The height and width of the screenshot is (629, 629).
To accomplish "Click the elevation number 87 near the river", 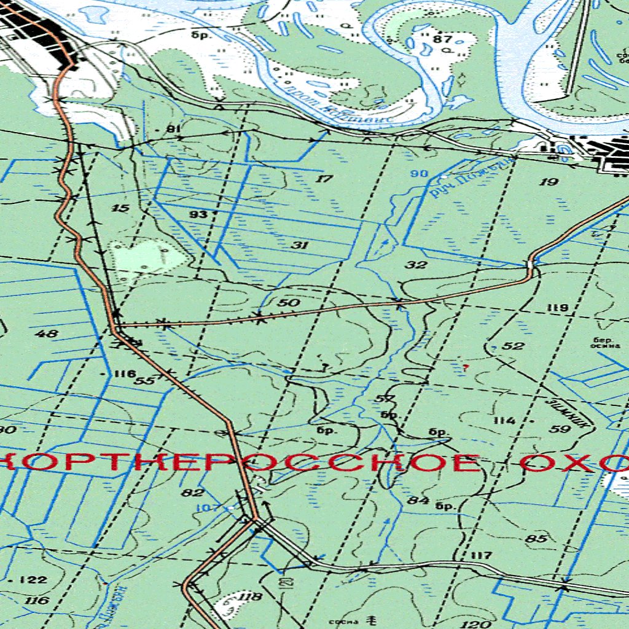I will [442, 39].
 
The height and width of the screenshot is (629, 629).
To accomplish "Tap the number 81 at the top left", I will [174, 129].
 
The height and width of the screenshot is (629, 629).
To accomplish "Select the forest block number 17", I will [324, 179].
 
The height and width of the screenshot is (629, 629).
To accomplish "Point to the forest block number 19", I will [549, 181].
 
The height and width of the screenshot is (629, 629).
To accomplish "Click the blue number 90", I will [419, 174].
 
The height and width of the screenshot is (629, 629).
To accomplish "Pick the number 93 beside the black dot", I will [198, 214].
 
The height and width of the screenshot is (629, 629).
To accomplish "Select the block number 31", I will [300, 245].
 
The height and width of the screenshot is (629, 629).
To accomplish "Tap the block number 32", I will [416, 265].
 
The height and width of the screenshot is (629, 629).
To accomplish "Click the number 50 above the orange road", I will [289, 302].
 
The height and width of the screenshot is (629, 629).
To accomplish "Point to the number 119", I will [558, 308].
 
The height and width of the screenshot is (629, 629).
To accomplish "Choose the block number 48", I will [47, 334].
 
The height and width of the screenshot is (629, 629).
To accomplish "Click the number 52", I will [513, 346].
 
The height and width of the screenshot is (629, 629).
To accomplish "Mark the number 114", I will [504, 421].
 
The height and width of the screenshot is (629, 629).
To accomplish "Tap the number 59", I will [560, 429].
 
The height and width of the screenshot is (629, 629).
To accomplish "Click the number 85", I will [536, 539].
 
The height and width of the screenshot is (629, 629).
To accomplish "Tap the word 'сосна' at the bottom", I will [342, 622].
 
